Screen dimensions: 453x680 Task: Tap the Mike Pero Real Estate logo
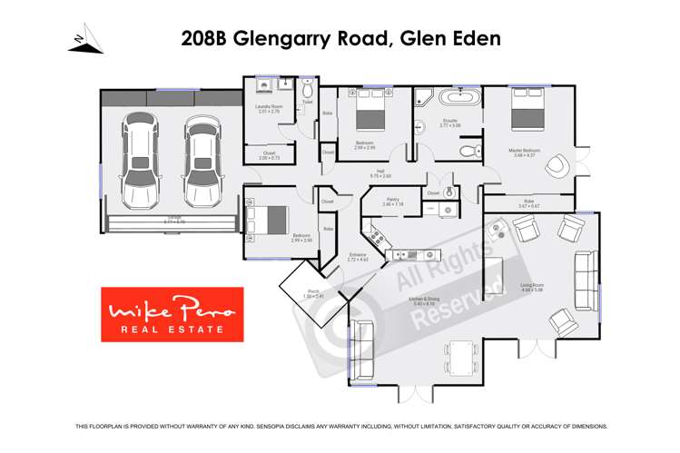(x=172, y=314)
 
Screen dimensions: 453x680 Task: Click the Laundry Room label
(x=270, y=108)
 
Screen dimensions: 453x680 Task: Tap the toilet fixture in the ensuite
(x=468, y=152)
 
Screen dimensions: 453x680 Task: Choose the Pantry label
(x=392, y=202)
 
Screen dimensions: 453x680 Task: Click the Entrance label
(x=358, y=257)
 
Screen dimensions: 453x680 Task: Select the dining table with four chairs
(x=461, y=358)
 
